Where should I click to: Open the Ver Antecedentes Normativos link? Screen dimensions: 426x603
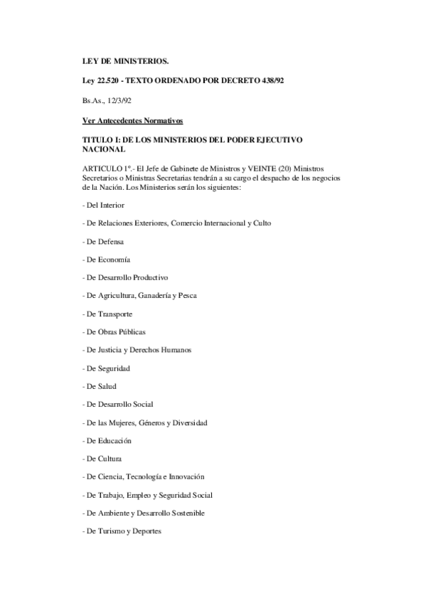[132, 120]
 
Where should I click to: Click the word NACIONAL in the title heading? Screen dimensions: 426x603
[104, 149]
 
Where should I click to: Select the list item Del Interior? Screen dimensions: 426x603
[104, 205]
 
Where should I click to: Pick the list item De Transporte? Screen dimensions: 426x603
[108, 314]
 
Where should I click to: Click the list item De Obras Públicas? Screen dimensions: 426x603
[114, 332]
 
